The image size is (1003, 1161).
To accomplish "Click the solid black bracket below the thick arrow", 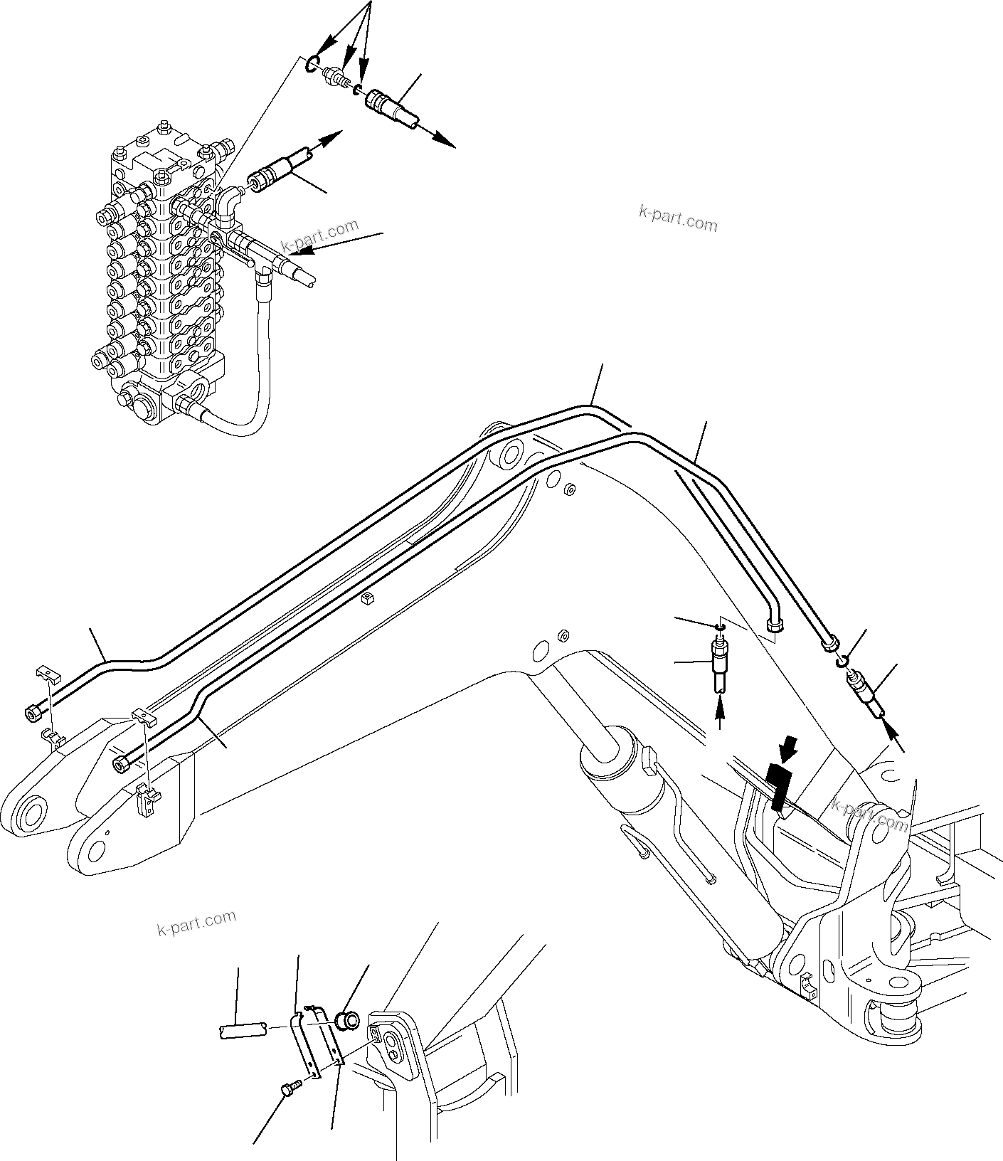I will [780, 786].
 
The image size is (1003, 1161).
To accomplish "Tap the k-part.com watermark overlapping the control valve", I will [320, 238].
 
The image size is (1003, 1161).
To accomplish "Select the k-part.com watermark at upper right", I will [678, 218].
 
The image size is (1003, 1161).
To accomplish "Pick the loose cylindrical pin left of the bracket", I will [240, 1029].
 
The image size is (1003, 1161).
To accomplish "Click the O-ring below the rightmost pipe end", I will [842, 662].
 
